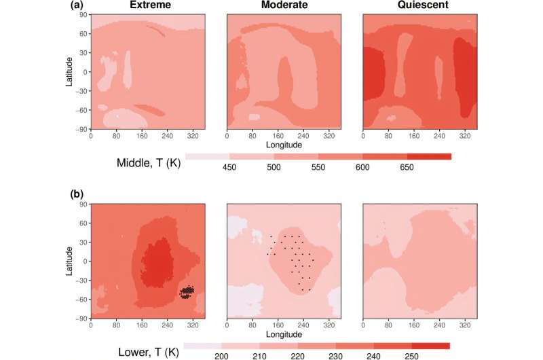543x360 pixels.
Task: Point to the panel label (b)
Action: click(79, 193)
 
